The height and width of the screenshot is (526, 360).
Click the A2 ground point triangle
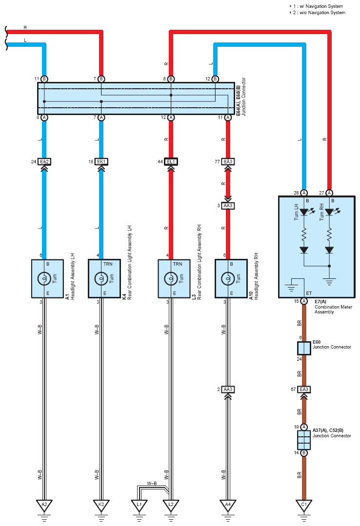44,505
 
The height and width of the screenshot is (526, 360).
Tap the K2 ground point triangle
101,505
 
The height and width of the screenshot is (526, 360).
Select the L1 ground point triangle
139,505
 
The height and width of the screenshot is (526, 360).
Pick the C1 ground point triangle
304,505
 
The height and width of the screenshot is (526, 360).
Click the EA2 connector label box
44,162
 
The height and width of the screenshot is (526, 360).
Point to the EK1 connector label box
101,162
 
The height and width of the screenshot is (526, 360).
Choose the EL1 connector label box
171,162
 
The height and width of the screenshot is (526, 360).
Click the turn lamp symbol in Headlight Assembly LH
44,278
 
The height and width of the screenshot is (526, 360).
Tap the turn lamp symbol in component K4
101,278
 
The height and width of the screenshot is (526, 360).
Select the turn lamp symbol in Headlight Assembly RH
228,278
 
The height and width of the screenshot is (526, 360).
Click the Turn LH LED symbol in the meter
304,212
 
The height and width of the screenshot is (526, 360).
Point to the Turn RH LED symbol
329,212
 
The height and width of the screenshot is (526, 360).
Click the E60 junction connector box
304,348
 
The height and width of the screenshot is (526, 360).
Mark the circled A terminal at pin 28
304,193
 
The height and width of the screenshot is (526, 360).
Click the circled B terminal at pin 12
215,79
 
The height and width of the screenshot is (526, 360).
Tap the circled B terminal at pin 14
304,453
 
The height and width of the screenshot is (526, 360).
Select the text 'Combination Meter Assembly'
333,309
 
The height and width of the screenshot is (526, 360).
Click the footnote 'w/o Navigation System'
322,13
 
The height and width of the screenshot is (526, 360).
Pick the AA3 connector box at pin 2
228,390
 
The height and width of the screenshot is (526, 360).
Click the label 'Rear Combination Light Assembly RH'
199,262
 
